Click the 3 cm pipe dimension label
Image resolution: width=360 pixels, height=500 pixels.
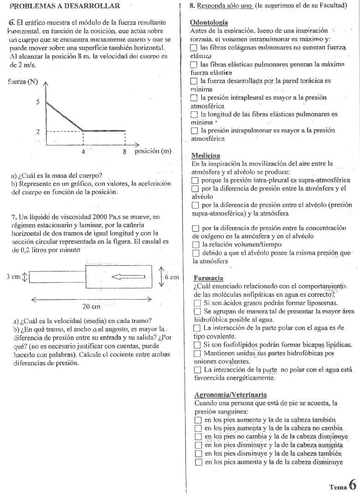click(x=12, y=277)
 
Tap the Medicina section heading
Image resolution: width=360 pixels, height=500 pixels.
click(x=204, y=154)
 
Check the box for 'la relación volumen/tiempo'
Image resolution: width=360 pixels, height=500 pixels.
click(x=195, y=244)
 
